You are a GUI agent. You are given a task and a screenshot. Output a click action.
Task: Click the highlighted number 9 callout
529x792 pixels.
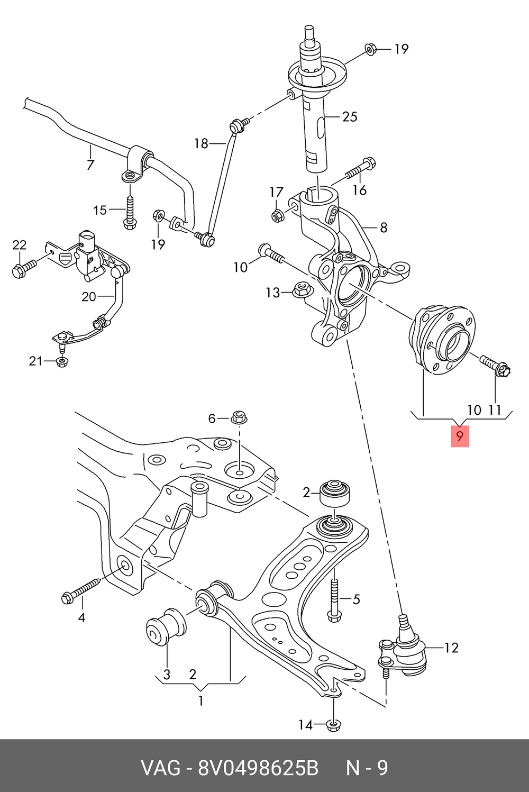coord(460,436)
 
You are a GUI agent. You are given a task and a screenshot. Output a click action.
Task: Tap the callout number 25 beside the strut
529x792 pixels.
coord(350,116)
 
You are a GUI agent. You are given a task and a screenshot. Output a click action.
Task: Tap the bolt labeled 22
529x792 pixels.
coord(22,269)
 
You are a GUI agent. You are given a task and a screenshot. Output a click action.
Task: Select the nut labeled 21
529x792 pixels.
coord(62,362)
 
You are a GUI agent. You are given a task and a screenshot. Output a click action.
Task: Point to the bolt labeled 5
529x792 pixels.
coord(333,600)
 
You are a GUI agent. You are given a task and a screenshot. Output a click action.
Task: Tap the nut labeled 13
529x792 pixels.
coord(301,289)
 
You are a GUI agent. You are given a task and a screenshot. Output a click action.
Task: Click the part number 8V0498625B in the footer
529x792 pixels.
coord(258,768)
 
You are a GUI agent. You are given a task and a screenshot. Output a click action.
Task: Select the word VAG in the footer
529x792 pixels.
coord(160,768)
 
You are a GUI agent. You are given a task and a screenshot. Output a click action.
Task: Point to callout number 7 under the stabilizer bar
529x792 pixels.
coord(90,165)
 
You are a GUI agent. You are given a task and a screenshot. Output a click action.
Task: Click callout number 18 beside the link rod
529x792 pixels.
coord(201,143)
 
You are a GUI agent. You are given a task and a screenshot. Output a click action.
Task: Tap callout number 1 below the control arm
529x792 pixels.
coord(200,701)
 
